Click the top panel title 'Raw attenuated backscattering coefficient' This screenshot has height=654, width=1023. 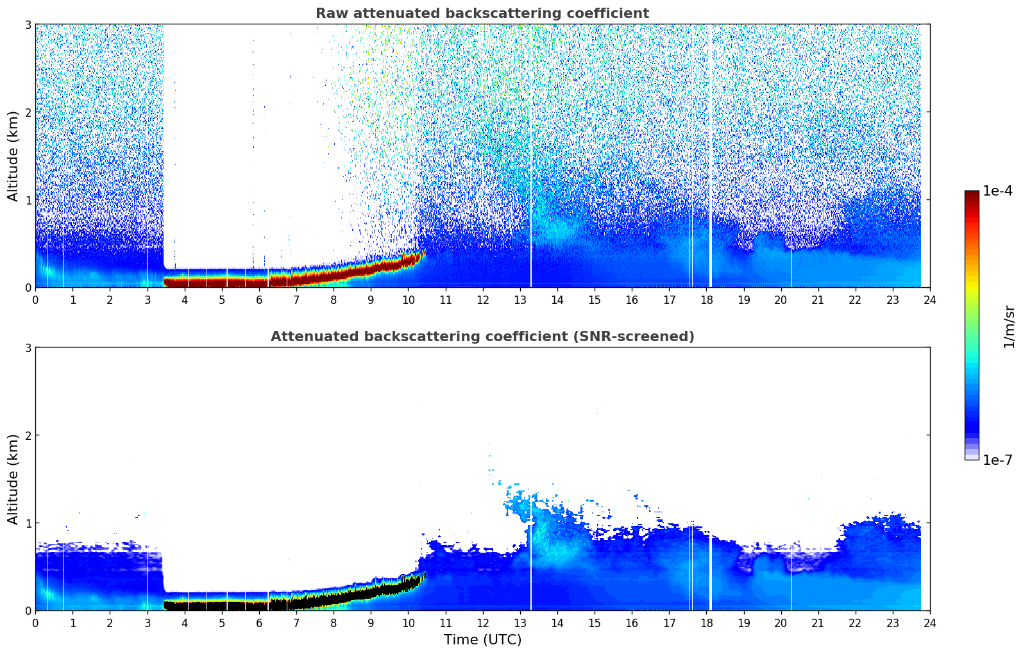(x=482, y=13)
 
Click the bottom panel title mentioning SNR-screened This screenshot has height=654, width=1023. (x=482, y=337)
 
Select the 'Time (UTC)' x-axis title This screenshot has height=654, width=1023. (x=482, y=639)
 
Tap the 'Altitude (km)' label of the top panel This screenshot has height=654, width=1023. (x=13, y=156)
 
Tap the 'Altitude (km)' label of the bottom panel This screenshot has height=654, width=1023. (x=13, y=479)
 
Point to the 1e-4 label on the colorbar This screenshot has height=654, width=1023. (x=997, y=191)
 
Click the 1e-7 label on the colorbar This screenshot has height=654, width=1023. (x=997, y=460)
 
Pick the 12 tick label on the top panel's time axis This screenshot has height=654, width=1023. (x=482, y=299)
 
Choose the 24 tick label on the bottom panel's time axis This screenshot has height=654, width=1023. (x=929, y=623)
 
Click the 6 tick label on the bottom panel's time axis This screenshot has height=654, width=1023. (x=259, y=623)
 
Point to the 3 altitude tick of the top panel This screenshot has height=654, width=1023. (x=28, y=24)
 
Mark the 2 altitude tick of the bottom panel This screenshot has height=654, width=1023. (x=28, y=435)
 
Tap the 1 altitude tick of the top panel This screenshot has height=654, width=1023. (x=28, y=200)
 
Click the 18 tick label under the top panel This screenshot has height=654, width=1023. (x=706, y=299)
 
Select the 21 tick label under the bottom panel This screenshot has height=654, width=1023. (x=818, y=623)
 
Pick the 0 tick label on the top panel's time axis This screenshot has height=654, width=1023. (x=35, y=299)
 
